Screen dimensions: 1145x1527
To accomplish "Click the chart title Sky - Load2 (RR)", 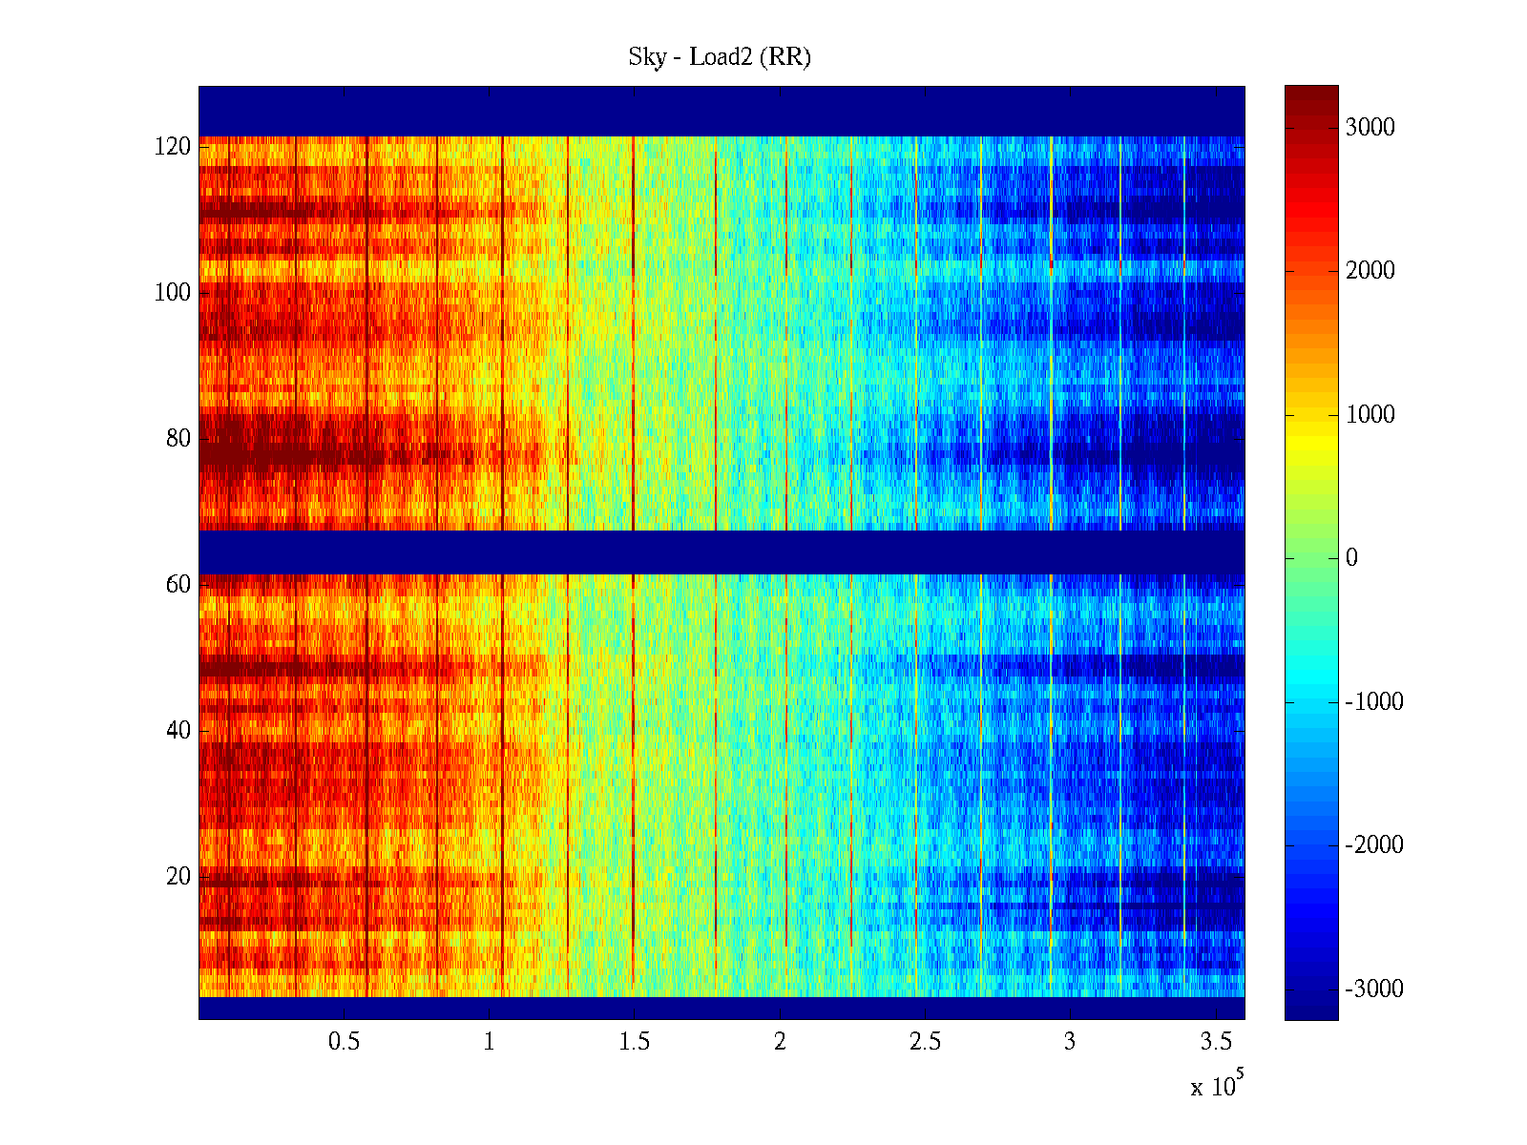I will (x=720, y=57).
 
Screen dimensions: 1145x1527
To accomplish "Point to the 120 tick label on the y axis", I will (x=173, y=147).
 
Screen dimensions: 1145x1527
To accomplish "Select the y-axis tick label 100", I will (x=173, y=293).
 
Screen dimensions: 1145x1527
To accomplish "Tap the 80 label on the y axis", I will (x=178, y=439).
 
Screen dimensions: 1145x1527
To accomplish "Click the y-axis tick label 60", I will (x=178, y=585).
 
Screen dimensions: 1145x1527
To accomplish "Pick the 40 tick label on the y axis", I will (x=178, y=731).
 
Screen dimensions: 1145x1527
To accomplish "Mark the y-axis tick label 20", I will (x=178, y=877).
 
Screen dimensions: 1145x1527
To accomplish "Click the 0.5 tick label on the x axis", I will (x=344, y=1042).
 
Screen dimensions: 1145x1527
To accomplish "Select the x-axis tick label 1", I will (x=490, y=1042).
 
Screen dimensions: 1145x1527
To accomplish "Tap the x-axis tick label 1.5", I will (x=635, y=1042).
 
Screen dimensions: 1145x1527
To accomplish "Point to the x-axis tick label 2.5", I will (x=925, y=1042).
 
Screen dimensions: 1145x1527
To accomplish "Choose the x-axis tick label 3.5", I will (x=1215, y=1042).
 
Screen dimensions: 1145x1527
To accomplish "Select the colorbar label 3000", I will (x=1370, y=128).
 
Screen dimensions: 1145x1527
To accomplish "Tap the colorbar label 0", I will (x=1351, y=558).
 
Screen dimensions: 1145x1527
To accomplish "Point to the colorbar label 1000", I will (x=1370, y=415).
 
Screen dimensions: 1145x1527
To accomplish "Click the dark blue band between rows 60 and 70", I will (x=722, y=552).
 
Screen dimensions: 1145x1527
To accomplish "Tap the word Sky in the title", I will (x=647, y=57).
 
